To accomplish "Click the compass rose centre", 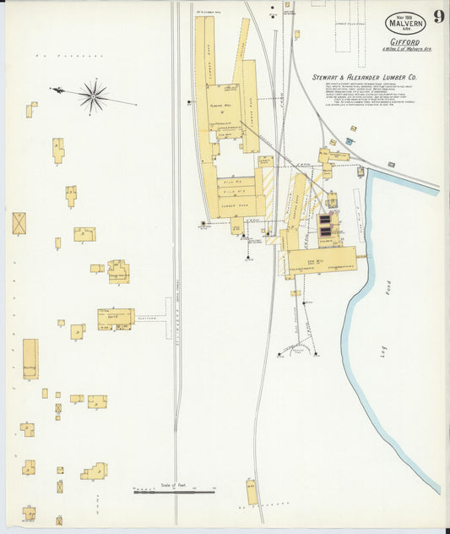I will [93, 95].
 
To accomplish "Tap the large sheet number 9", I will [439, 18].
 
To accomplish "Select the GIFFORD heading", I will [404, 40].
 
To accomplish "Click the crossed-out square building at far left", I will [19, 223].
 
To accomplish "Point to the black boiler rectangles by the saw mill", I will [325, 226].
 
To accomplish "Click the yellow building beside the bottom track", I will [252, 492].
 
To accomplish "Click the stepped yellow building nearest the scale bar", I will [95, 471].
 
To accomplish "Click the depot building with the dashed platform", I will [116, 318].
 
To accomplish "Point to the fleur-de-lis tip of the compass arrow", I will [53, 89].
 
